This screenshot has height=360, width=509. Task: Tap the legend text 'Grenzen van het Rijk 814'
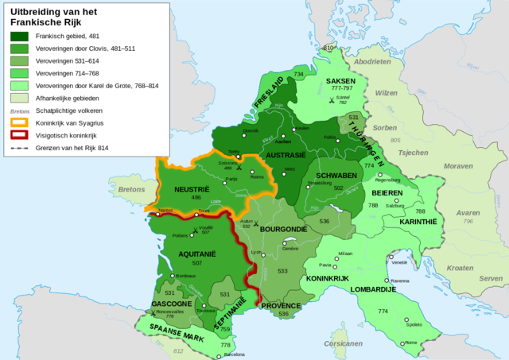click(76, 148)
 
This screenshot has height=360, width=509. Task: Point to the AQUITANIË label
click(188, 250)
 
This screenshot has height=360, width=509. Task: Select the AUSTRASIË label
click(286, 156)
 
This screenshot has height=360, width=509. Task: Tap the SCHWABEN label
click(337, 174)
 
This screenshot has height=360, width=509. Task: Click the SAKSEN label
click(344, 81)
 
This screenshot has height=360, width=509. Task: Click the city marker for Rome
click(403, 343)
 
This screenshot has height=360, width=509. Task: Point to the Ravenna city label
click(399, 281)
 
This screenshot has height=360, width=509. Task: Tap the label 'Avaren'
click(468, 213)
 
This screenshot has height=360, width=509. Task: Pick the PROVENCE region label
click(281, 305)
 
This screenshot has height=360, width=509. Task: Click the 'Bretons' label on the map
click(131, 190)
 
